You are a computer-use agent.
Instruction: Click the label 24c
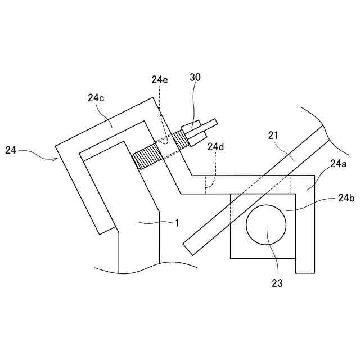[96, 97]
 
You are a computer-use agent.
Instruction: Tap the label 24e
[159, 80]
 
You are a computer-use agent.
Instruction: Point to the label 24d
[215, 147]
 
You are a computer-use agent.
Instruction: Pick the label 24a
[338, 164]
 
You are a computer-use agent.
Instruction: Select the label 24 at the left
[11, 150]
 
